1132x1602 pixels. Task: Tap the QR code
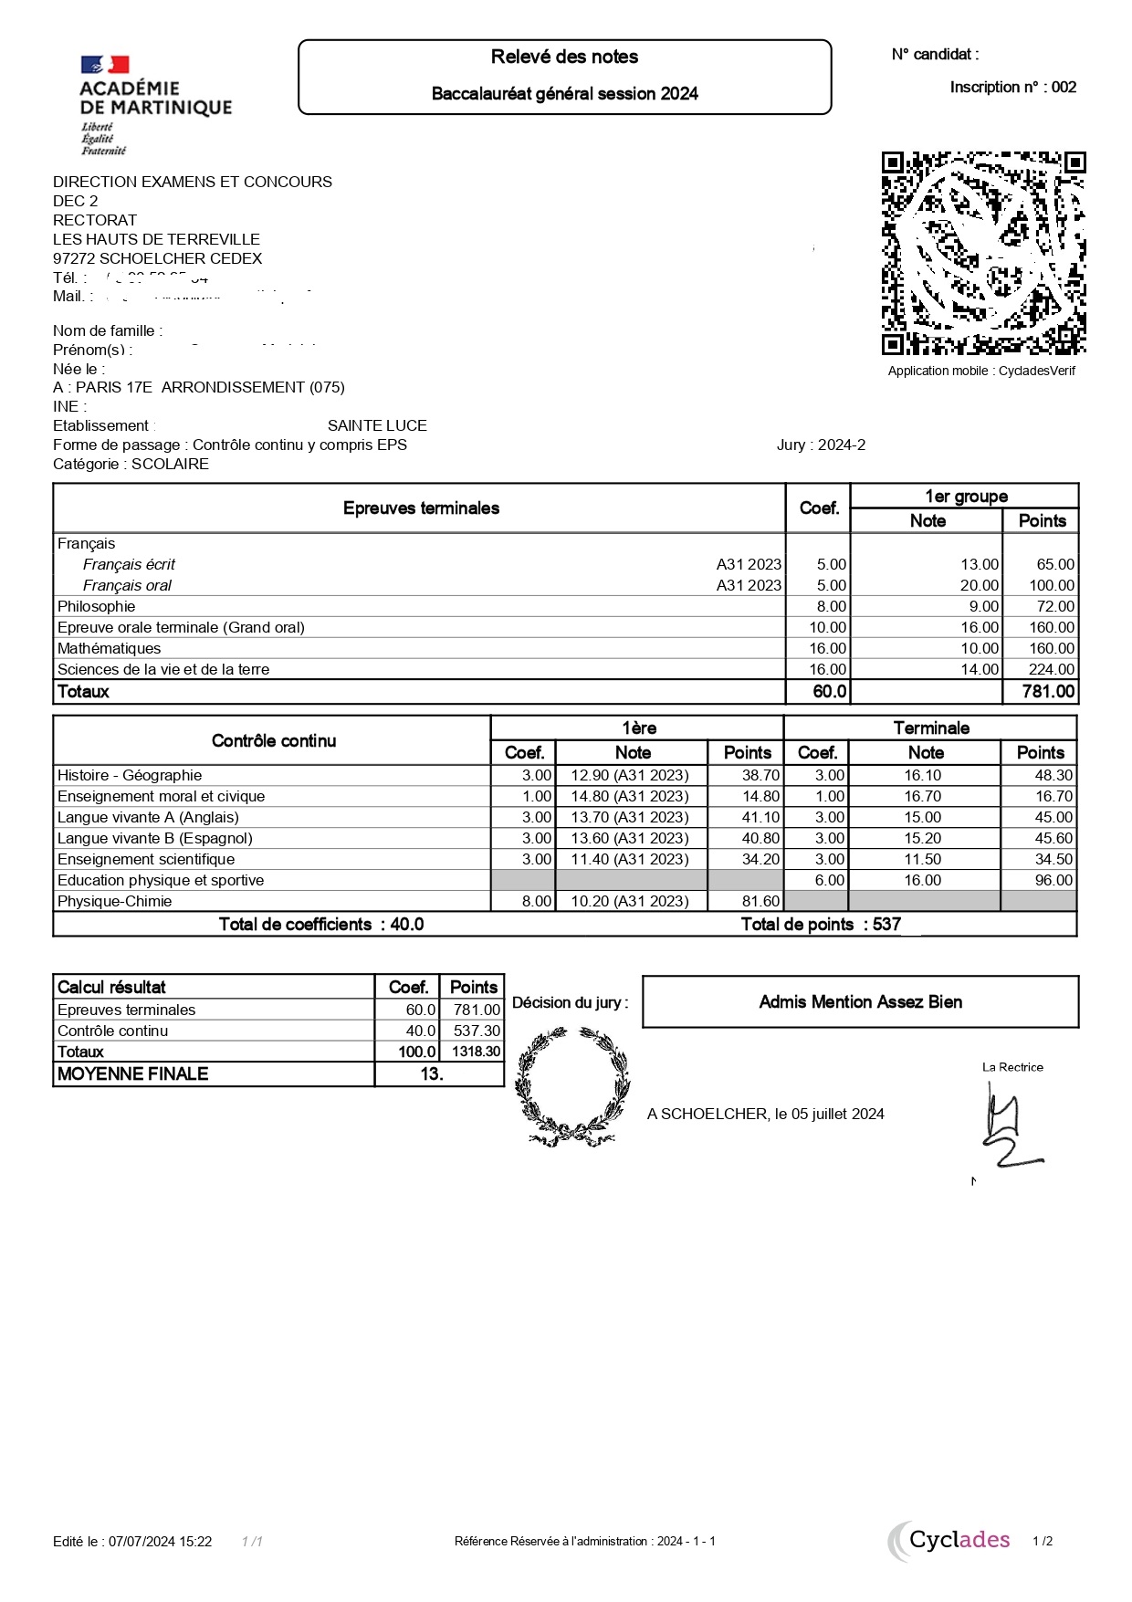(983, 253)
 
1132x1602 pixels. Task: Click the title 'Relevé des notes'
(564, 57)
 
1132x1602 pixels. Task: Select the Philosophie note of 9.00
(983, 606)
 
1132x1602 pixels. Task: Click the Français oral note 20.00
(979, 585)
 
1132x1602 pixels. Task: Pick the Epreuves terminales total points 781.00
(1048, 691)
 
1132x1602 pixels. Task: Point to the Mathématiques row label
(110, 648)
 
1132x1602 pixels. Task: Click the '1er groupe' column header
(966, 496)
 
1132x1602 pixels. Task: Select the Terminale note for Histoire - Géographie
(923, 775)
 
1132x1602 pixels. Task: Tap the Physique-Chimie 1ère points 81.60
(760, 901)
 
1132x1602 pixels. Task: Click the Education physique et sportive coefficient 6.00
(829, 880)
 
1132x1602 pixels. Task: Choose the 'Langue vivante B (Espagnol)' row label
(155, 838)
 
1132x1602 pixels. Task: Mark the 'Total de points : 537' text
(821, 924)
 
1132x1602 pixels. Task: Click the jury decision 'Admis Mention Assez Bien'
(860, 1001)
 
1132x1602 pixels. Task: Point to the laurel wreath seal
(572, 1086)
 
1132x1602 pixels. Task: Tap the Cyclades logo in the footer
(951, 1541)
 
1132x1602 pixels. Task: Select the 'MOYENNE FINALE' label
(133, 1073)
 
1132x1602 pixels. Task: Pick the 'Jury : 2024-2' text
(821, 445)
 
